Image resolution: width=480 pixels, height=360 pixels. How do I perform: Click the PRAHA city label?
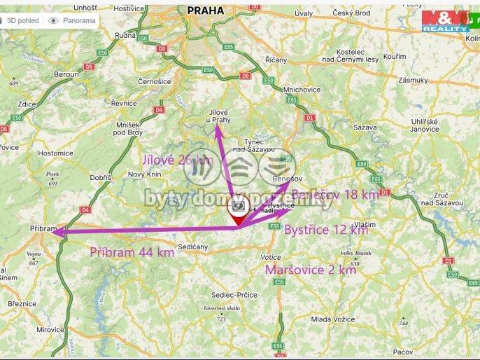click(206, 11)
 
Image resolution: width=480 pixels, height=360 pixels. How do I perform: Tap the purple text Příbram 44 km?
click(132, 252)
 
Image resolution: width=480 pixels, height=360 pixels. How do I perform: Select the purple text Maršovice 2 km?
click(310, 270)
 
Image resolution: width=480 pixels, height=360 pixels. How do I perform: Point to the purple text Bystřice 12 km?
click(325, 230)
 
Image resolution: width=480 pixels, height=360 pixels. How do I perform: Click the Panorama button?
click(72, 20)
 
